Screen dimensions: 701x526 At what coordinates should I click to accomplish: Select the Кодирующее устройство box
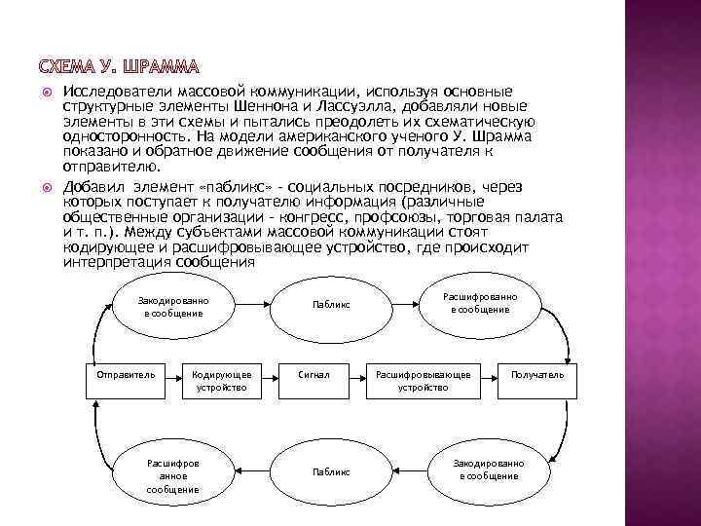223,380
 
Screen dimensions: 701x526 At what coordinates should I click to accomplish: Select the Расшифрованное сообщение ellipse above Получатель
480,303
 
